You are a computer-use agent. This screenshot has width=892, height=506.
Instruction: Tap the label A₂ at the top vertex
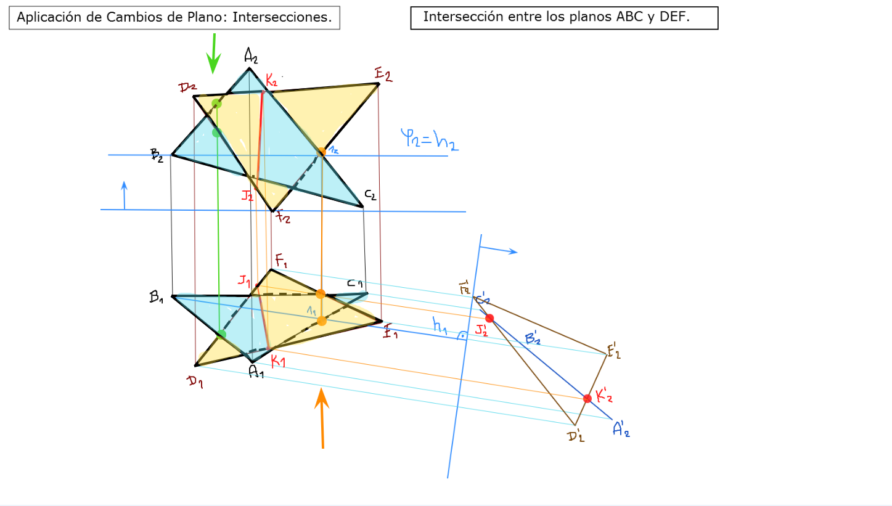(x=251, y=57)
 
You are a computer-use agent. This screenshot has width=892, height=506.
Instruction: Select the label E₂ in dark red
(x=383, y=75)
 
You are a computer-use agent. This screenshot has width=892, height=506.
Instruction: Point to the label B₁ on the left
(x=156, y=296)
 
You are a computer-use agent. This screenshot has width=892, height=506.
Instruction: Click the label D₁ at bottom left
(x=195, y=382)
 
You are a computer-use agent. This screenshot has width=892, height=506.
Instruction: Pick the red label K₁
(x=278, y=361)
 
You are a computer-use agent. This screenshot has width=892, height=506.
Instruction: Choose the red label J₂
(x=247, y=196)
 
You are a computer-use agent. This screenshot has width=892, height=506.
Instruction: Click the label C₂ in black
(x=370, y=195)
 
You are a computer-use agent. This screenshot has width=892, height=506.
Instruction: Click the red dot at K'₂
(x=587, y=399)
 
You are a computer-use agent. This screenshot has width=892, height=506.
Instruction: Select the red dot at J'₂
(x=489, y=318)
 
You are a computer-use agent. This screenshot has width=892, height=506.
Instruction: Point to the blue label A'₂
(x=621, y=429)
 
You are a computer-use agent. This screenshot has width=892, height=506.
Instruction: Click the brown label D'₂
(x=576, y=436)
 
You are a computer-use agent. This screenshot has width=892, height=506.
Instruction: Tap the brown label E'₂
(x=614, y=353)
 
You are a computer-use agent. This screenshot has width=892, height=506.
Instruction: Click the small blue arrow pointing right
(x=499, y=250)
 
